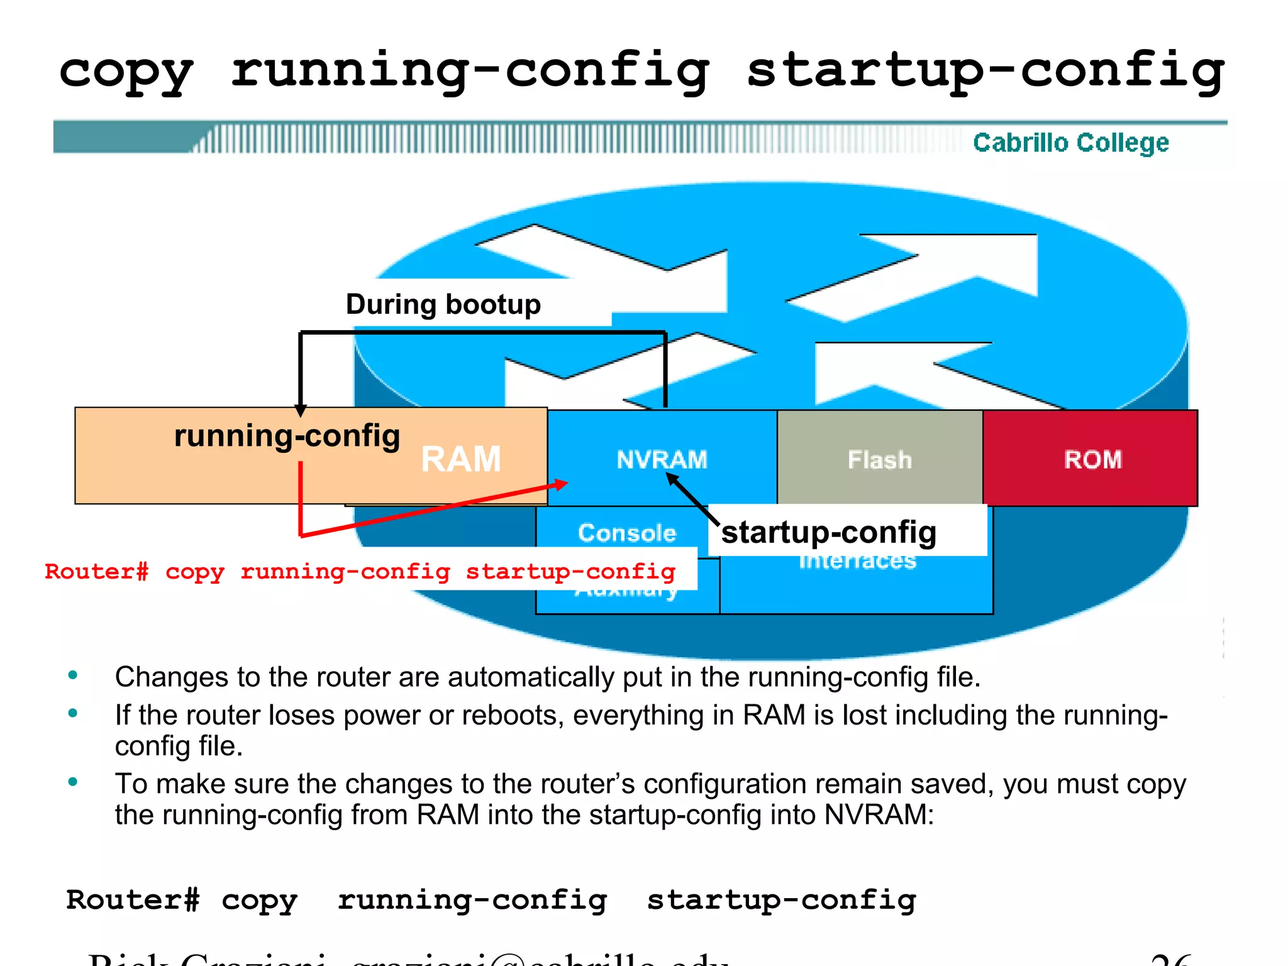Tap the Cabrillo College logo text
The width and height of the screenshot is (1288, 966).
pos(1070,143)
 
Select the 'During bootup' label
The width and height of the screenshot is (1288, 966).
pos(443,304)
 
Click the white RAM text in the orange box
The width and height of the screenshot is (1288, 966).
pos(460,459)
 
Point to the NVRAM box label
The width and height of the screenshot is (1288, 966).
pos(662,460)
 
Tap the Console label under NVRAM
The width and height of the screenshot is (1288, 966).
pos(626,533)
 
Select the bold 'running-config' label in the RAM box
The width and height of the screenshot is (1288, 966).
pos(287,436)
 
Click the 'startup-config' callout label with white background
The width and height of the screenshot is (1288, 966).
pos(828,532)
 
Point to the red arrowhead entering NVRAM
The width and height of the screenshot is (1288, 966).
pos(561,484)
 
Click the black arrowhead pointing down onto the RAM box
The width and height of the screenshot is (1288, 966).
pos(301,411)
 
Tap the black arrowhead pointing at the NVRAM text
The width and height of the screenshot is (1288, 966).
pos(672,479)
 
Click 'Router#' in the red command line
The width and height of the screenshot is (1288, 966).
pos(97,572)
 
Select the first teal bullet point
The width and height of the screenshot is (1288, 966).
pos(73,675)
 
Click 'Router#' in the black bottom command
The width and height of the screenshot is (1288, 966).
pos(133,900)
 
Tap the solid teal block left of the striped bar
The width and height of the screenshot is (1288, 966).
pos(119,137)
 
